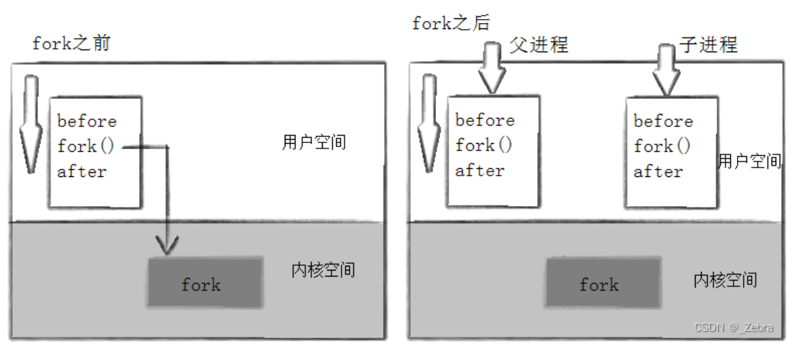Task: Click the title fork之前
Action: [71, 44]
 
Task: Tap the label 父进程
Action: [538, 45]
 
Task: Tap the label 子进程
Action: [708, 45]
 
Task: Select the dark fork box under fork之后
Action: [601, 283]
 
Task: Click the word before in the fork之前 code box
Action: [87, 121]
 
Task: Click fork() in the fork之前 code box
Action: [87, 146]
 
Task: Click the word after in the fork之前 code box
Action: [82, 172]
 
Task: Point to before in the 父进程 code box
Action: [485, 120]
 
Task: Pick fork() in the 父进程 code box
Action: [484, 145]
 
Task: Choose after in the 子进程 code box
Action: [658, 172]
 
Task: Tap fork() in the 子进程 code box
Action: [662, 146]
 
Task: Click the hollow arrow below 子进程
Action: [666, 68]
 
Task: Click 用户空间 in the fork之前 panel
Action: [313, 143]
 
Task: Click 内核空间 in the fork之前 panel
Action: [323, 270]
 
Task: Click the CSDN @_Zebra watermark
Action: [734, 327]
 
